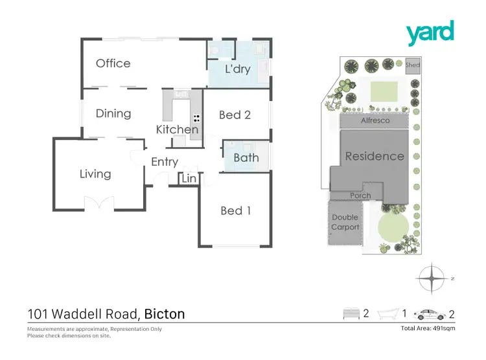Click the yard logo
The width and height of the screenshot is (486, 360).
click(430, 33)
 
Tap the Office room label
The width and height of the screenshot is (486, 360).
click(113, 63)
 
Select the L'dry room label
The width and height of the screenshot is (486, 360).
click(237, 69)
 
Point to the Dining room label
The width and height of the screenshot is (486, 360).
click(113, 114)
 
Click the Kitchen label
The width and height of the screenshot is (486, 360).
click(177, 129)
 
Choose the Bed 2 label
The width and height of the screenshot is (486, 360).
click(235, 115)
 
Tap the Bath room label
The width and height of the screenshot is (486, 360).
click(246, 157)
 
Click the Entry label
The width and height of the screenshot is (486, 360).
click(165, 162)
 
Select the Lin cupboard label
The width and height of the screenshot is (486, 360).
click(189, 178)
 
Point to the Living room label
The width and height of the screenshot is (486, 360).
click(95, 174)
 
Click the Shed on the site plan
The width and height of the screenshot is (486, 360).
click(413, 65)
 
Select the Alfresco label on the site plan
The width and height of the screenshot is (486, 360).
click(374, 121)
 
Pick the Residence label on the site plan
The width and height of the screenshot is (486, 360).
click(374, 156)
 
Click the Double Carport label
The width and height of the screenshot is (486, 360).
click(345, 222)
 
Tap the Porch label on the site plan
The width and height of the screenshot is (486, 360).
click(360, 196)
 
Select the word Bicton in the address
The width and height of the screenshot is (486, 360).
click(165, 314)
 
